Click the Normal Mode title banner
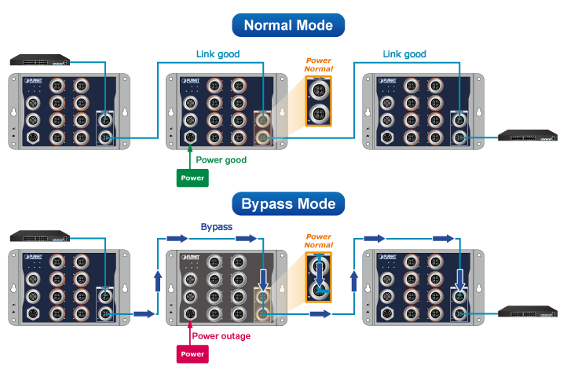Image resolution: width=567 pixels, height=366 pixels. click(x=288, y=24)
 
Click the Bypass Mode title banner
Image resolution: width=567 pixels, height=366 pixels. click(x=288, y=204)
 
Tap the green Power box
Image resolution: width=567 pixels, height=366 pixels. click(x=192, y=178)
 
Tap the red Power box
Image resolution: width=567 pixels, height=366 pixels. click(x=192, y=353)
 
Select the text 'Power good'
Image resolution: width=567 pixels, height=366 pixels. click(x=221, y=159)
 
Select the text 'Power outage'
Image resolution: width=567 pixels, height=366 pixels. click(x=221, y=336)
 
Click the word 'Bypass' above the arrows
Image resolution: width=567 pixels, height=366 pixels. click(x=217, y=226)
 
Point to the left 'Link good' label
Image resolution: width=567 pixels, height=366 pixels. click(x=218, y=54)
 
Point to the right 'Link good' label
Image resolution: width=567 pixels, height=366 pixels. click(x=404, y=54)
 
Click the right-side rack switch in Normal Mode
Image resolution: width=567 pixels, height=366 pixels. click(x=527, y=137)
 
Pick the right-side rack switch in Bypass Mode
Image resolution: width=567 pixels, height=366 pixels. click(x=527, y=313)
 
